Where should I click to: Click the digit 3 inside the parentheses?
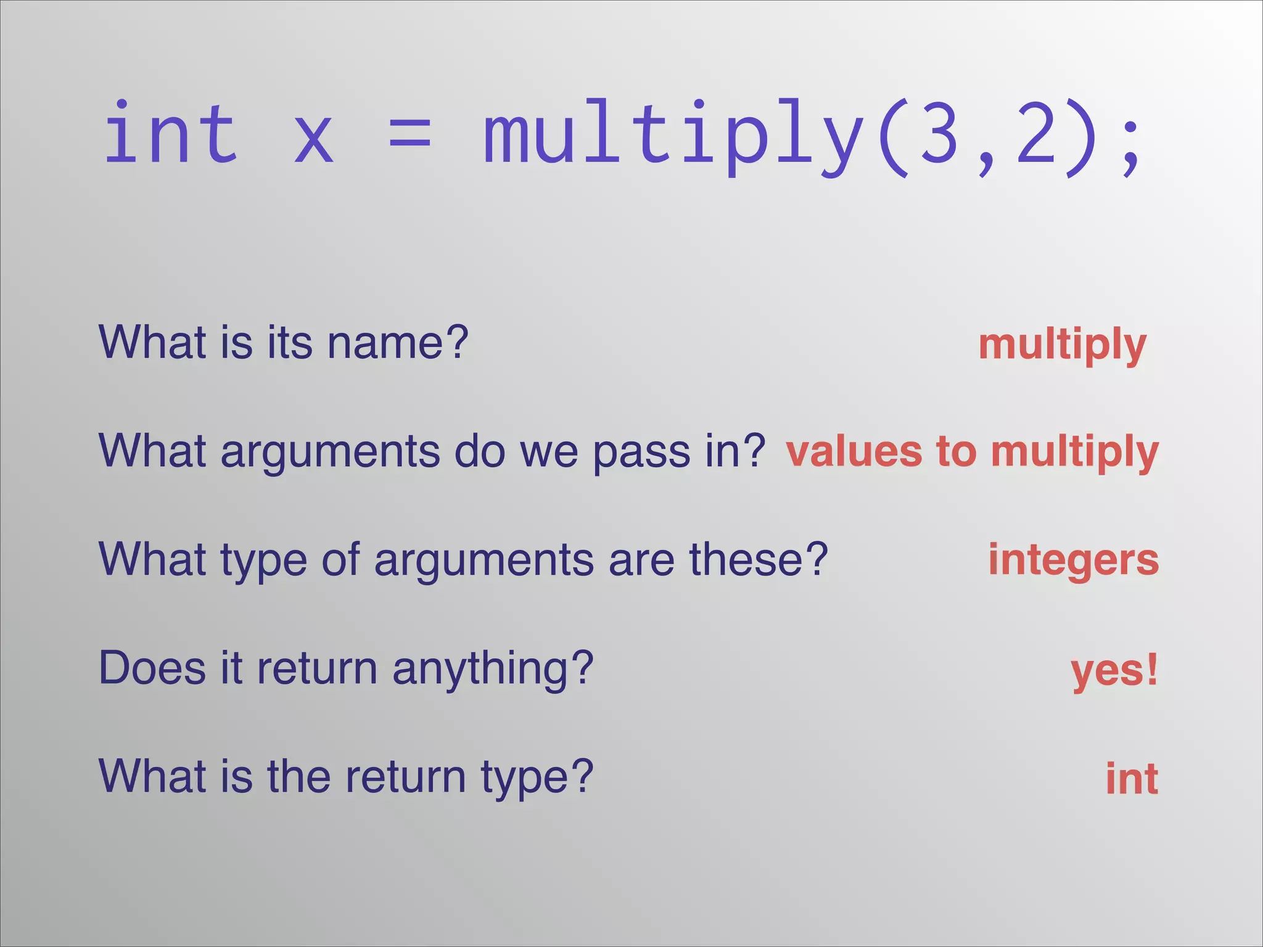pyautogui.click(x=939, y=133)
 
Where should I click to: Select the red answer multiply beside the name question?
pyautogui.click(x=1062, y=345)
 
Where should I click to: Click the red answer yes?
pyautogui.click(x=1114, y=671)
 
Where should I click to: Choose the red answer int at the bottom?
pyautogui.click(x=1132, y=778)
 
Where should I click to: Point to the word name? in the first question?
pyautogui.click(x=398, y=342)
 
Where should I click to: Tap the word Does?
pyautogui.click(x=152, y=668)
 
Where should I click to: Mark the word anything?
pyautogui.click(x=493, y=670)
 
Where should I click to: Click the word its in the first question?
pyautogui.click(x=290, y=342)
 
